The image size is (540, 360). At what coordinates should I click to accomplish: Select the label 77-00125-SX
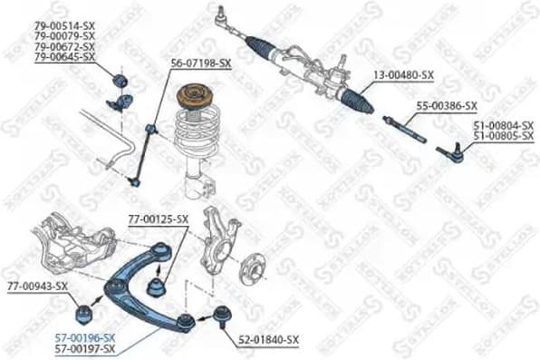tap(158, 219)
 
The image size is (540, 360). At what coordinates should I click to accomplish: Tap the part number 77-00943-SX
tap(38, 286)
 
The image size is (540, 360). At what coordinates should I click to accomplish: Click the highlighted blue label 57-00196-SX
tap(84, 336)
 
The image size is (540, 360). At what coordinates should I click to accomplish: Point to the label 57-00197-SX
tap(84, 348)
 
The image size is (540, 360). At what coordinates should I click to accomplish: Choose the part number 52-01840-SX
tap(268, 340)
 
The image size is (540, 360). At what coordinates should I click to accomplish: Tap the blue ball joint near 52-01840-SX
tap(220, 318)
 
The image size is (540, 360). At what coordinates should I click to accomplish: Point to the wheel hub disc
tap(253, 269)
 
